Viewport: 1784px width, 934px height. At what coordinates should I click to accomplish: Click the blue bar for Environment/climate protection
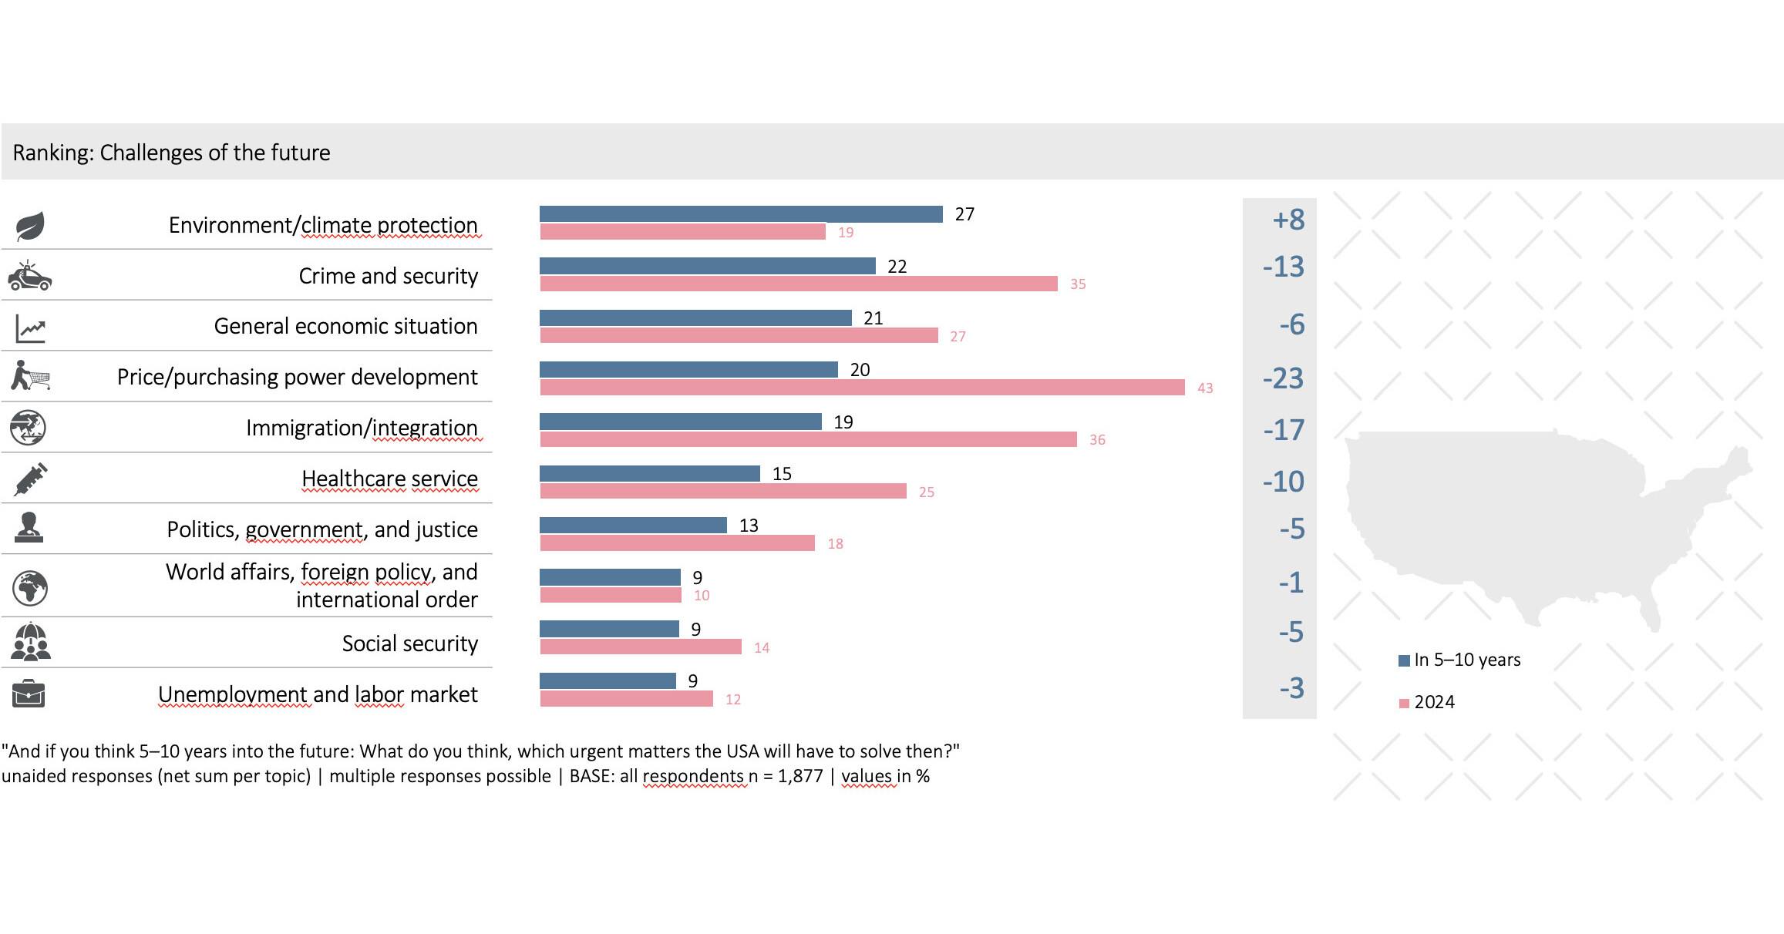(740, 214)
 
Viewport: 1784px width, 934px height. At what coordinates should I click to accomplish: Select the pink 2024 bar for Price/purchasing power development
(862, 388)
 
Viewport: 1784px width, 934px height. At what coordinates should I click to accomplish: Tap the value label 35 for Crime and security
(1078, 284)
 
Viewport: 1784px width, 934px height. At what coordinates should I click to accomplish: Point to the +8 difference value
(1288, 220)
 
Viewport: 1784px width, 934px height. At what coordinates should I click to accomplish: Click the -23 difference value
(1283, 378)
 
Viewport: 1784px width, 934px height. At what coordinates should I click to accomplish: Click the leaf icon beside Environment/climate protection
(30, 227)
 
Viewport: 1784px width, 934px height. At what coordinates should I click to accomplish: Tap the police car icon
(29, 276)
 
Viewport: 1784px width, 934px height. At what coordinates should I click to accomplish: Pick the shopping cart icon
(31, 376)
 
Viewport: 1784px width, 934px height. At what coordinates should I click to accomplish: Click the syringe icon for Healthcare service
(31, 479)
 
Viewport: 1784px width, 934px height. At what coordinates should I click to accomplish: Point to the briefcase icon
(29, 694)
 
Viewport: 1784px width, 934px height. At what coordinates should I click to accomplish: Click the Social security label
(409, 643)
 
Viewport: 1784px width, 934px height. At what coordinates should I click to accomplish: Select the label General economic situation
(345, 326)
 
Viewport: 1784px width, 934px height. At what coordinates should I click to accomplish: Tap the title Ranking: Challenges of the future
(171, 153)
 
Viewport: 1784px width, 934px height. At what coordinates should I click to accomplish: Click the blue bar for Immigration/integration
(680, 422)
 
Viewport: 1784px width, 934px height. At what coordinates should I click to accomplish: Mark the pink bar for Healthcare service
(722, 492)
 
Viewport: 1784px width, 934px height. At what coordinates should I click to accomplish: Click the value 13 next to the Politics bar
(749, 526)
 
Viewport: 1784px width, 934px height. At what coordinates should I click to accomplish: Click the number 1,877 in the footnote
(799, 776)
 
